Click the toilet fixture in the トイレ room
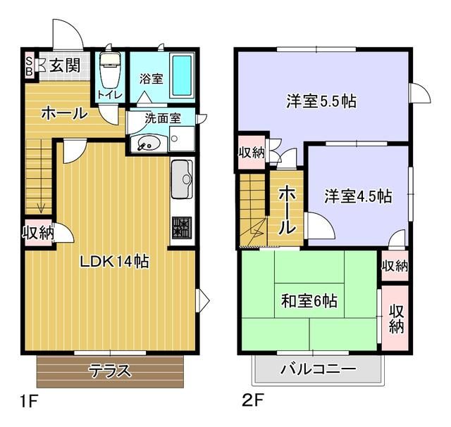109,70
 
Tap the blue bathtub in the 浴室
182,75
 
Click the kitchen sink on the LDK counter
182,179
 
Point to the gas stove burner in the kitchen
182,228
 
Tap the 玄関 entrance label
65,65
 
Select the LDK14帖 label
114,262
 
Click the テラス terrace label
110,371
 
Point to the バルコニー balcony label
319,369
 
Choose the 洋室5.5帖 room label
321,101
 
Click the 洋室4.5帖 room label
358,196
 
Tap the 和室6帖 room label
309,301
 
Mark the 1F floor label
29,401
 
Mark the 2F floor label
253,400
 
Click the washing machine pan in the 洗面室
182,139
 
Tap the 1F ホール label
64,113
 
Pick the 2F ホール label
287,209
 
